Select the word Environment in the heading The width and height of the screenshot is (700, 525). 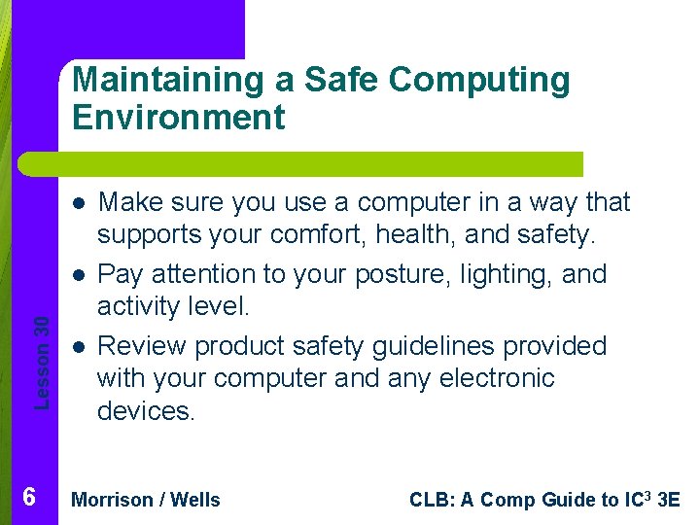point(178,118)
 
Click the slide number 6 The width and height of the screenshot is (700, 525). point(29,498)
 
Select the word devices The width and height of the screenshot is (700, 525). point(146,411)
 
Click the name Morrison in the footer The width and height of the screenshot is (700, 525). point(113,501)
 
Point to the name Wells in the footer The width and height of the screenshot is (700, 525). point(195,501)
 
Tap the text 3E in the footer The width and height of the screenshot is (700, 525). point(669,501)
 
